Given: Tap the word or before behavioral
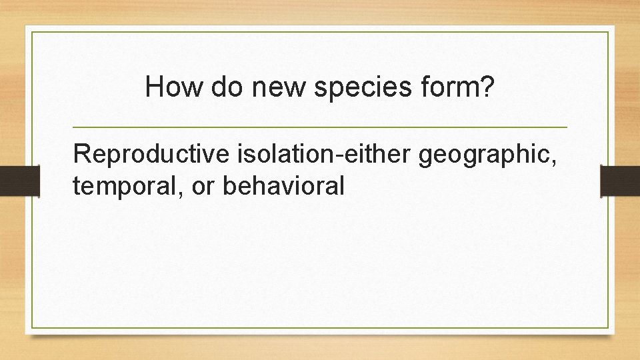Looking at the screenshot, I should (204, 187).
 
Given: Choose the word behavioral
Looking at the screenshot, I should (284, 186).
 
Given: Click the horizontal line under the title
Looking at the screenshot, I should (319, 127).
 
